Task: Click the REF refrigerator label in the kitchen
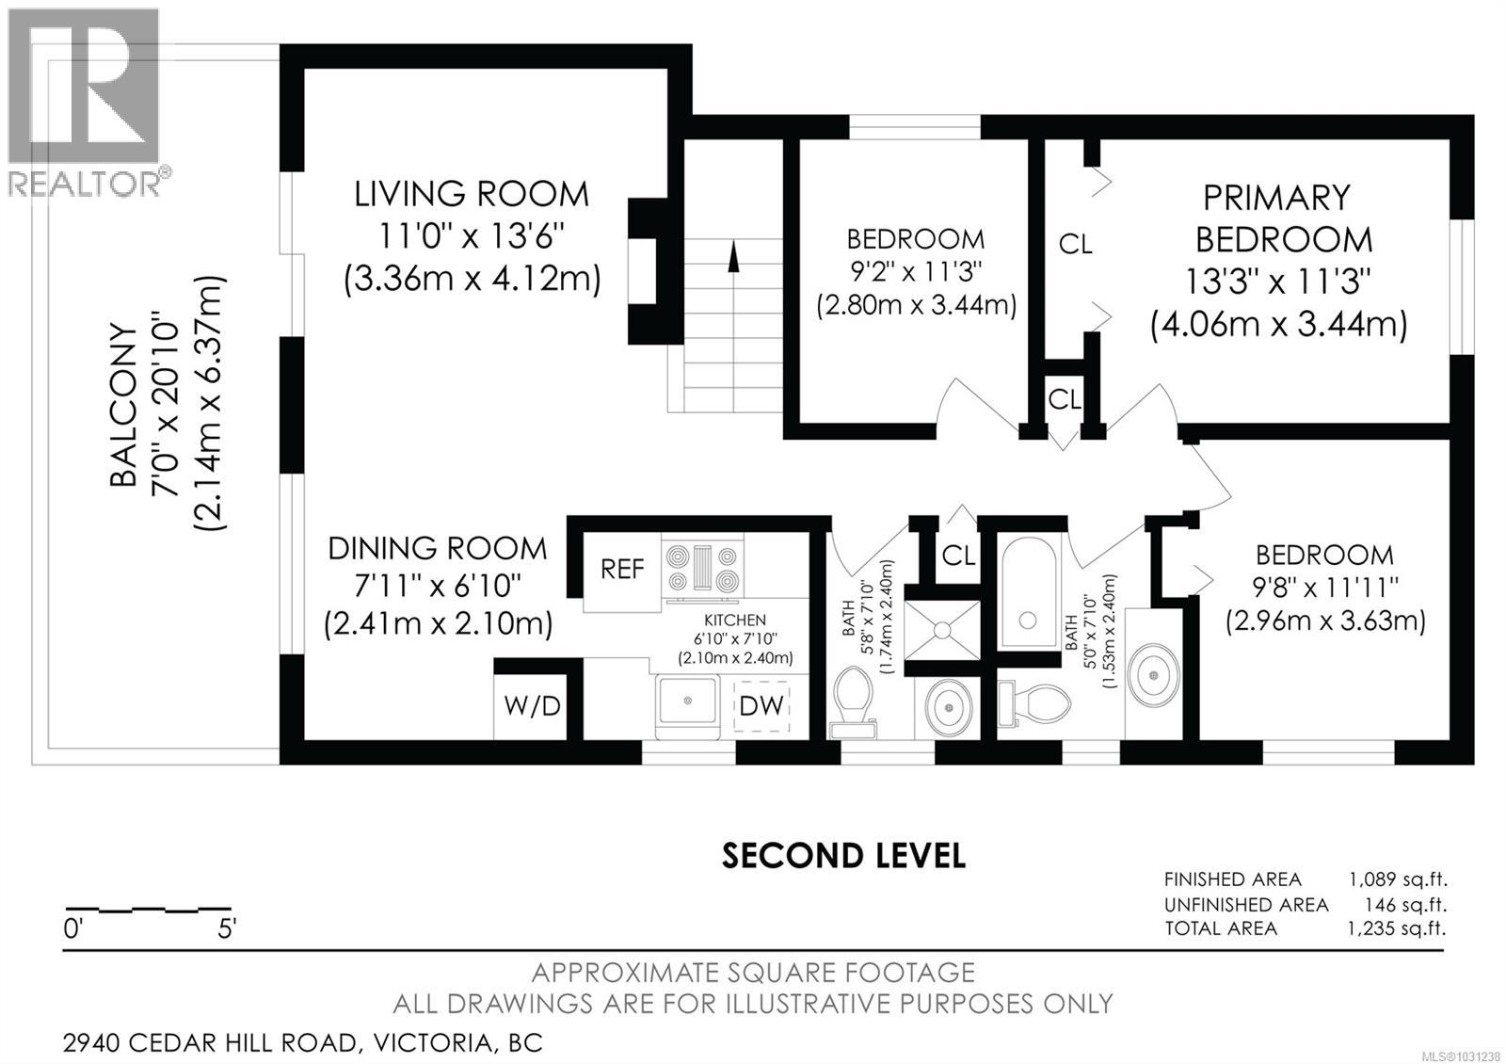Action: pos(622,570)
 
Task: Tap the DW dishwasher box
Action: pos(761,705)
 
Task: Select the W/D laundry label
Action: pos(532,706)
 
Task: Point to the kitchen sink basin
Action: pos(687,701)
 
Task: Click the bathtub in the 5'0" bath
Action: pos(1027,593)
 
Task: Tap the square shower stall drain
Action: pos(942,630)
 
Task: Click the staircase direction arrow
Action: pos(733,258)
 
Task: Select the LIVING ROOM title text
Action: pos(472,194)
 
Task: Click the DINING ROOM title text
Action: pos(437,549)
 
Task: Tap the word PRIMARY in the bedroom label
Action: pos(1276,198)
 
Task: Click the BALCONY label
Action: pos(123,405)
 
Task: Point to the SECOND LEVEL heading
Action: pos(843,856)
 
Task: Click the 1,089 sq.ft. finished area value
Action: pos(1398,879)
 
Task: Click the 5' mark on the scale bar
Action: pos(227,929)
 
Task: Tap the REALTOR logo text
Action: pos(84,183)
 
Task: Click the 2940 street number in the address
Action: pos(91,1043)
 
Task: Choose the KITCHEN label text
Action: pos(735,621)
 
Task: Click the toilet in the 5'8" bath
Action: pos(853,701)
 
